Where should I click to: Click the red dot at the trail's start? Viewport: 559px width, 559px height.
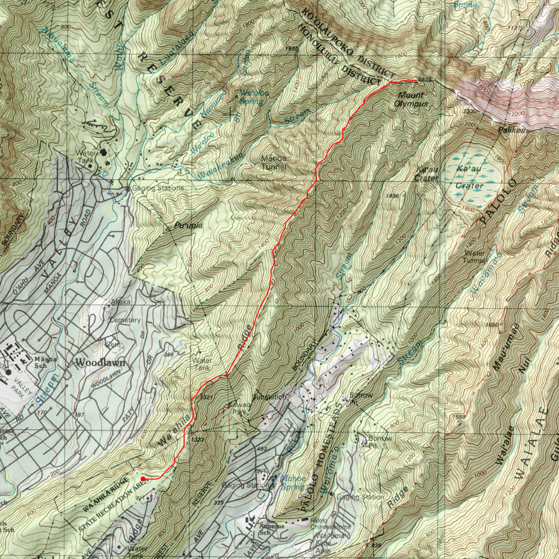[x=143, y=478]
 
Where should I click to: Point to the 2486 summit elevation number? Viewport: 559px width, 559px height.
[x=425, y=80]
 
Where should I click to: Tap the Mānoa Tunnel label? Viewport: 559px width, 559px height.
[x=274, y=163]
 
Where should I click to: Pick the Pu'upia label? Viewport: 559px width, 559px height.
[x=188, y=226]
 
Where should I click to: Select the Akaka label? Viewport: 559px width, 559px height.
[x=120, y=302]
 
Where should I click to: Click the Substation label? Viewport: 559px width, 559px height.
[x=269, y=397]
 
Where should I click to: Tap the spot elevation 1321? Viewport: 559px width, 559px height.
[x=206, y=397]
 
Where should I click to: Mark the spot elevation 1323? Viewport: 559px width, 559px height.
[x=198, y=439]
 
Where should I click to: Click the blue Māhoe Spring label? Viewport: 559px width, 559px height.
[x=293, y=483]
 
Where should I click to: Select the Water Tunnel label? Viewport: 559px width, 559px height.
[x=474, y=257]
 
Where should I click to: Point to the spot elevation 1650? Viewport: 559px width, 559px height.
[x=491, y=325]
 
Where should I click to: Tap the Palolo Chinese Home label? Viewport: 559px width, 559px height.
[x=330, y=524]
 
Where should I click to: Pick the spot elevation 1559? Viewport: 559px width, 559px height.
[x=458, y=416]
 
